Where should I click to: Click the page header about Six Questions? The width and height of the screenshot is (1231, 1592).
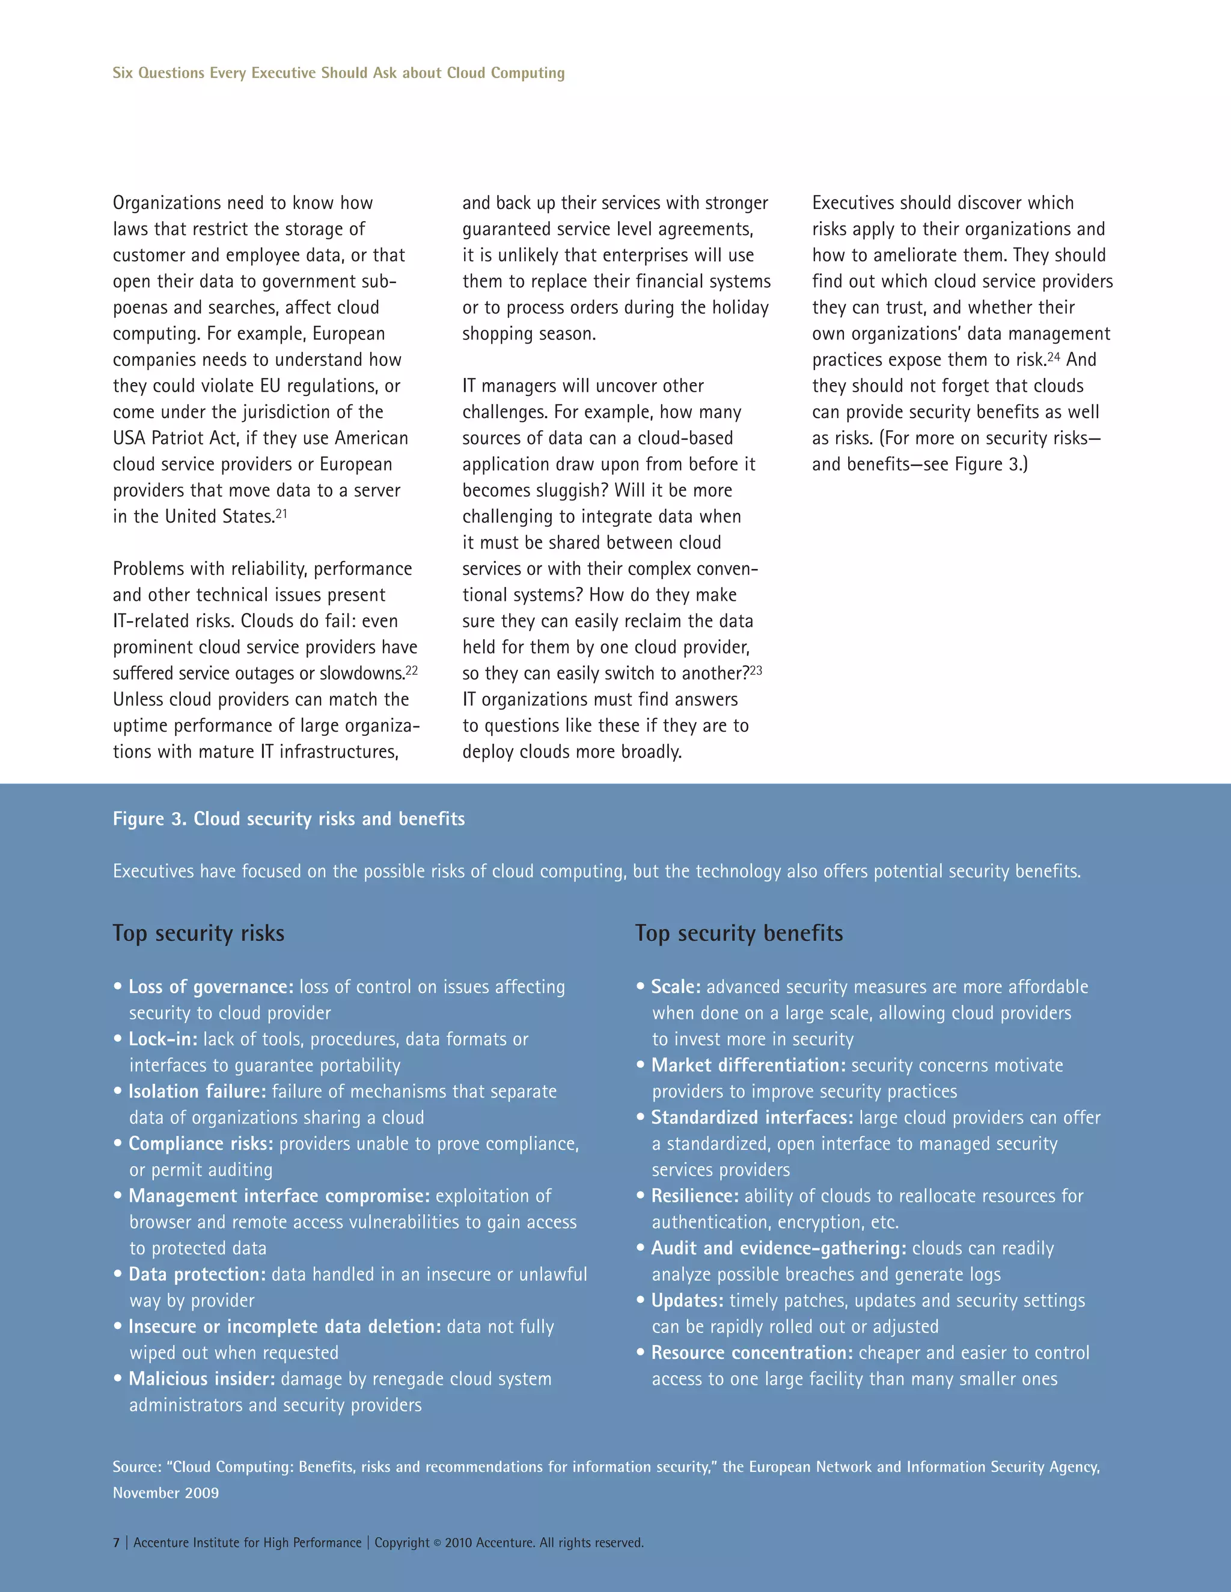coord(338,73)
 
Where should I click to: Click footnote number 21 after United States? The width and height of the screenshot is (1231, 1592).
coord(281,513)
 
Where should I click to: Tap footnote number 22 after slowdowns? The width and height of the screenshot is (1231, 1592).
coord(412,670)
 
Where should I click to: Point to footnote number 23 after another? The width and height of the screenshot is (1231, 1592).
coord(756,670)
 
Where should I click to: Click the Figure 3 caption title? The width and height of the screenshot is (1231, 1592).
coord(288,819)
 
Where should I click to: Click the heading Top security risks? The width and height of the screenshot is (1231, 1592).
coord(198,933)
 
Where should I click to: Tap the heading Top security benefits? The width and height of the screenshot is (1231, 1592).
coord(739,933)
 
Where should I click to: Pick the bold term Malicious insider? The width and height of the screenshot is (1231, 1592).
coord(201,1378)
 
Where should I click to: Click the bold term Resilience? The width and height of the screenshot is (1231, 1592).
coord(694,1196)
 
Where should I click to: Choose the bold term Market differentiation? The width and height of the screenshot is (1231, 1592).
coord(748,1065)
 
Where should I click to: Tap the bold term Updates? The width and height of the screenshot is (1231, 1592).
coord(687,1301)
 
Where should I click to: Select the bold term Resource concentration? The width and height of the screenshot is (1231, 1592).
coord(752,1353)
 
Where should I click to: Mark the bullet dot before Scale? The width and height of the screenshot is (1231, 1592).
coord(640,986)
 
